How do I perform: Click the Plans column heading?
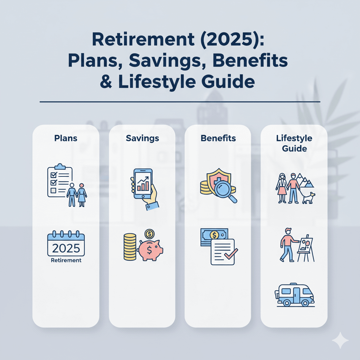[x=66, y=138]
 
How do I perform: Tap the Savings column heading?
[x=142, y=138]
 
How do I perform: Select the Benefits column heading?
[x=218, y=138]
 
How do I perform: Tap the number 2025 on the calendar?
[x=66, y=249]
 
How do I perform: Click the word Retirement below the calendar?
[x=66, y=261]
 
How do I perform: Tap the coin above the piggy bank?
[x=150, y=233]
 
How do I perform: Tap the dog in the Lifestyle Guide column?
[x=308, y=198]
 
